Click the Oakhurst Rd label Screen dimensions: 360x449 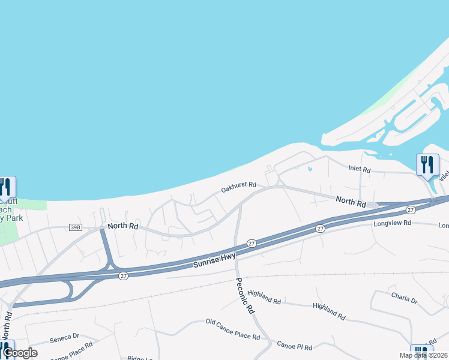[239, 188]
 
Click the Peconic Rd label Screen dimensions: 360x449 [245, 296]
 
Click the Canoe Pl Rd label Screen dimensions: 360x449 [295, 346]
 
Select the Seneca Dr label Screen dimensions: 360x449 [64, 336]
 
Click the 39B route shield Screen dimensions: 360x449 [75, 227]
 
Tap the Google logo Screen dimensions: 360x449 [20, 353]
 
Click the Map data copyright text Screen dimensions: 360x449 [424, 355]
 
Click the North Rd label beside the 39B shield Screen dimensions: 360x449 [122, 226]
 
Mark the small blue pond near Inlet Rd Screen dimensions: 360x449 [310, 169]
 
